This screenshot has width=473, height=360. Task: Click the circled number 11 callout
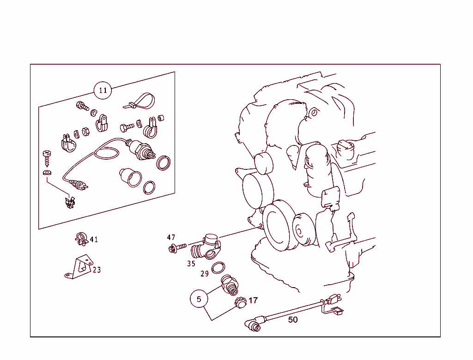coord(103,90)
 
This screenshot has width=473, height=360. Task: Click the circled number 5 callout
coord(199,299)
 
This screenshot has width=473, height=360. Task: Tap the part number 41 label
coord(94,240)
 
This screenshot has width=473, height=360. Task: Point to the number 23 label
coord(97,270)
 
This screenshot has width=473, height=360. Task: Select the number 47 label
coord(171,237)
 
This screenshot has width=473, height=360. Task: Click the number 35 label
coord(191,264)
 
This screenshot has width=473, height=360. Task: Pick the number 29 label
coord(205,274)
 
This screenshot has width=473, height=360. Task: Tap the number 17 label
coord(253,300)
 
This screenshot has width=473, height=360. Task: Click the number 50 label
coord(292,319)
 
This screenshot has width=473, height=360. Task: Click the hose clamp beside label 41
coord(81,239)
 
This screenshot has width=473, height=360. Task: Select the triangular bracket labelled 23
coord(79,267)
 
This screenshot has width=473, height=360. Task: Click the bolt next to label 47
coord(177,248)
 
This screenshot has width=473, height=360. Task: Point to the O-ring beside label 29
coord(218,268)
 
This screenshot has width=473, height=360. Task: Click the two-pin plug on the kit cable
coord(79,185)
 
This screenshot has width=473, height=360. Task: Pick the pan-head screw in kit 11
coord(47,158)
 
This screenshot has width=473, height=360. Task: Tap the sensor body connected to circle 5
coord(230,285)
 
